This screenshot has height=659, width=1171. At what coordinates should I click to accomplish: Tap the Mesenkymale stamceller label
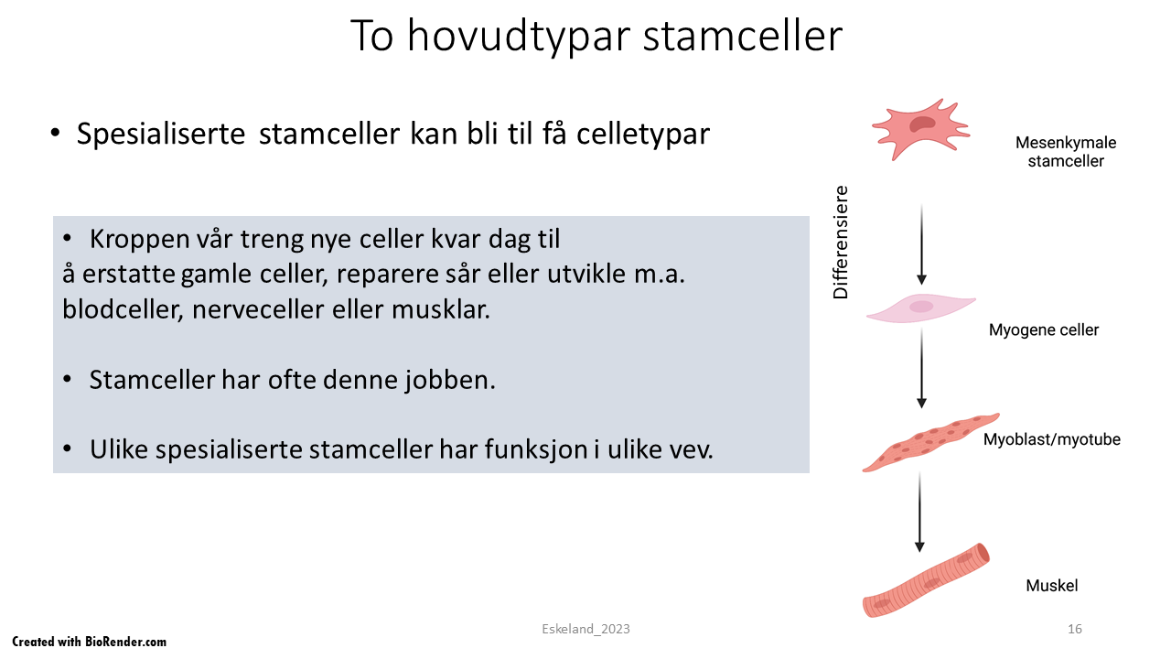[1066, 152]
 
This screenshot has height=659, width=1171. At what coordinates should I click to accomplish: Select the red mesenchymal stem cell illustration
[921, 129]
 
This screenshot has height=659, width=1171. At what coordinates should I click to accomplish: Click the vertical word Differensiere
[841, 243]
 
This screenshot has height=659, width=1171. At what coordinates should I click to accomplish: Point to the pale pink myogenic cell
[921, 308]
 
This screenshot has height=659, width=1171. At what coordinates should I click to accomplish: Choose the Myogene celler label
[1044, 330]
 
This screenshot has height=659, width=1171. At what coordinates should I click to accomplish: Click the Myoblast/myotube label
[1052, 439]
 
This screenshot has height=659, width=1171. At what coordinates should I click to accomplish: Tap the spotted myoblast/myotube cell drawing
[930, 442]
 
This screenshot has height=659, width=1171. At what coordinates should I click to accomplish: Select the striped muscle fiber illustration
[926, 580]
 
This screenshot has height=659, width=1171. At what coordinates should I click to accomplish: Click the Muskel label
[1052, 585]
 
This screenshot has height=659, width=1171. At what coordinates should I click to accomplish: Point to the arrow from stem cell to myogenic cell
[921, 244]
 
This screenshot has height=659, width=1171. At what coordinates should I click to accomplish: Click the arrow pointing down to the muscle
[920, 513]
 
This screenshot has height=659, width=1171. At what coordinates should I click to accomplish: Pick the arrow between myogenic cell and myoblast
[921, 369]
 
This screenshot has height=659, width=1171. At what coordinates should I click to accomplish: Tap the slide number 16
[1074, 629]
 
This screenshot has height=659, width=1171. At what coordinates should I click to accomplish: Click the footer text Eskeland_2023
[585, 629]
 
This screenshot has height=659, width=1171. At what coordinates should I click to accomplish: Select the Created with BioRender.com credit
[90, 642]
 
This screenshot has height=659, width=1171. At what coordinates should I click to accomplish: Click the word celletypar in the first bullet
[643, 134]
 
